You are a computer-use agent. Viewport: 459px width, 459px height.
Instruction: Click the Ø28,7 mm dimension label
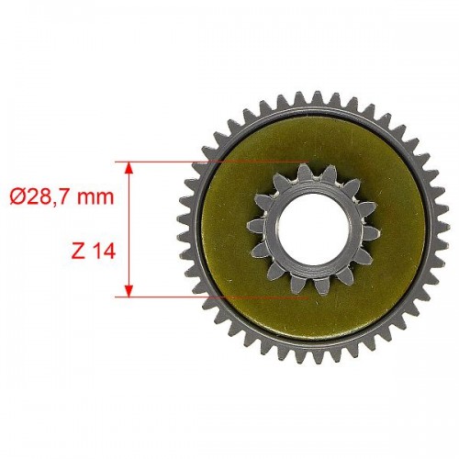62,196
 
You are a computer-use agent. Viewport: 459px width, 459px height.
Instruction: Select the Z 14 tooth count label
93,252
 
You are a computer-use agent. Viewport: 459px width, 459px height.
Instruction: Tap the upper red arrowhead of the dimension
129,168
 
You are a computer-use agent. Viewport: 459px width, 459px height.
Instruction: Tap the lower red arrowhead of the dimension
129,291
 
